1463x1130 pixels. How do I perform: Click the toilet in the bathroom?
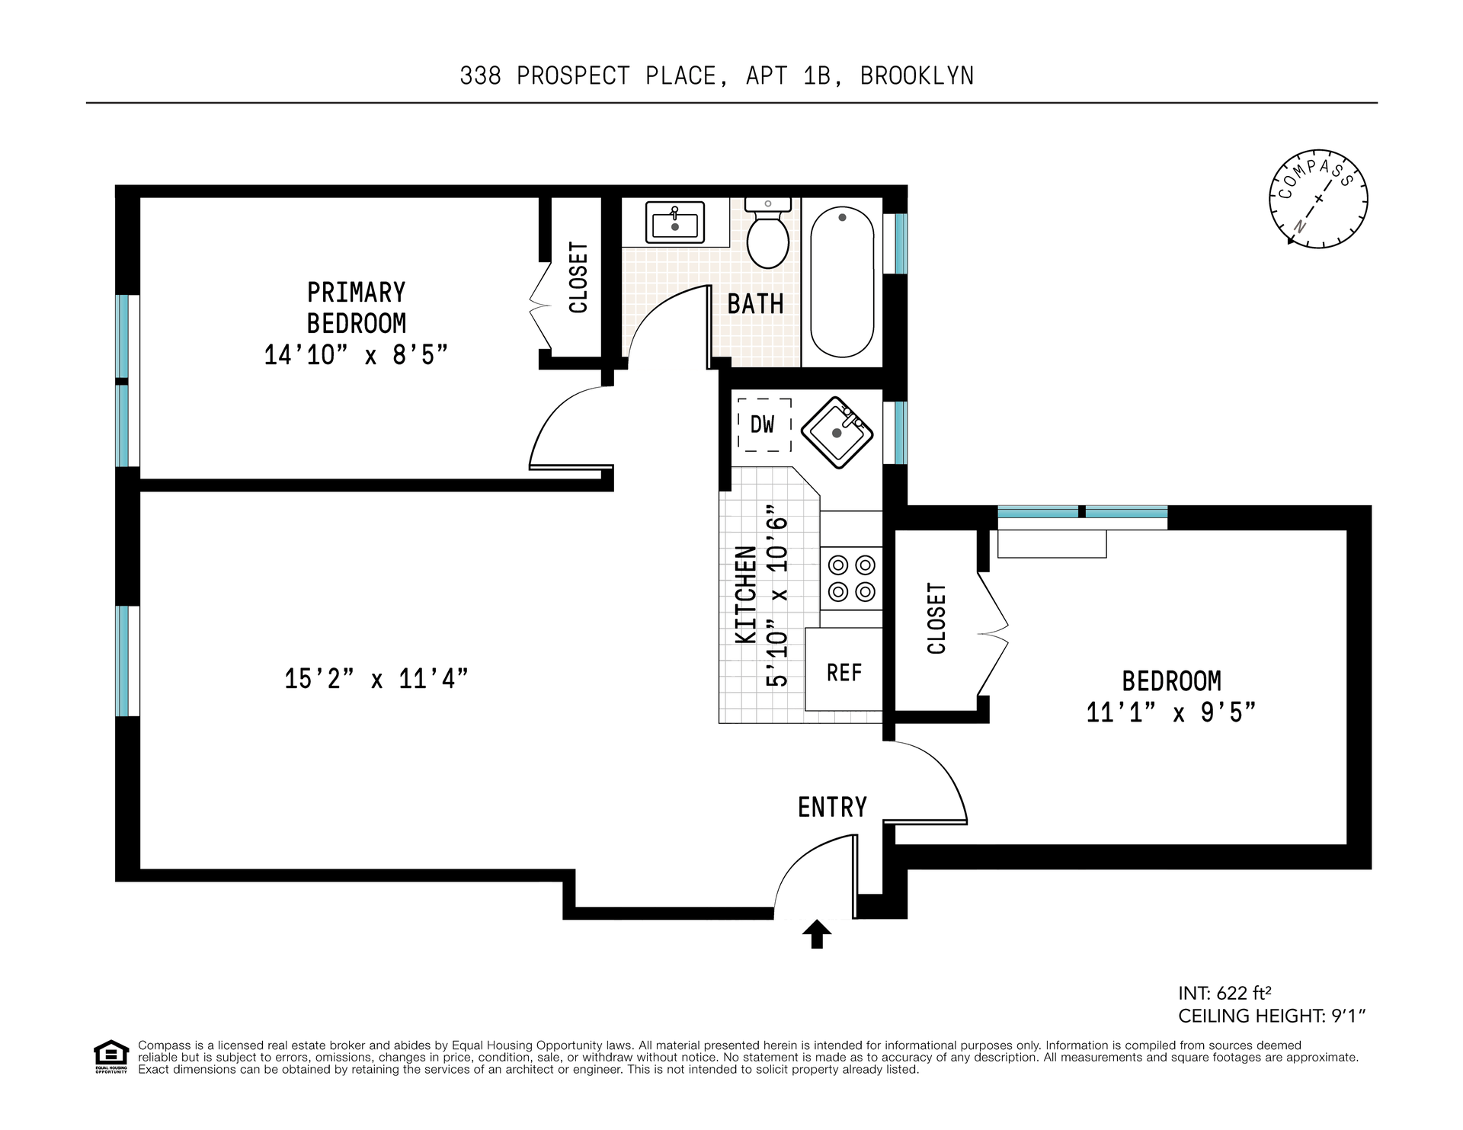767,232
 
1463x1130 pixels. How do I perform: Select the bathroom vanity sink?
675,222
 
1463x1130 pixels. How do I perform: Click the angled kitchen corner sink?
837,433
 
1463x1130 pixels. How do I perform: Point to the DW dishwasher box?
764,425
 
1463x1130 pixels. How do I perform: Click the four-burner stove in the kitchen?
851,578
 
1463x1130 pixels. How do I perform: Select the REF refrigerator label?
844,672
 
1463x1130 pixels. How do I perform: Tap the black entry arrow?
817,934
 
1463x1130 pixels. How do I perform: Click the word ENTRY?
832,807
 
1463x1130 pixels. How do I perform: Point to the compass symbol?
1318,198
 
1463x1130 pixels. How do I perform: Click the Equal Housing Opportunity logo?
111,1057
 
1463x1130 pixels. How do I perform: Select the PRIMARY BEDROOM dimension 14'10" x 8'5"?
356,355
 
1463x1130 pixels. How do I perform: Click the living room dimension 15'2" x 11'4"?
376,678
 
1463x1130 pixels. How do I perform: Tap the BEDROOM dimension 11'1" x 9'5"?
1171,712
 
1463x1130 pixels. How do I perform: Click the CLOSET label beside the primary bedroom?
579,277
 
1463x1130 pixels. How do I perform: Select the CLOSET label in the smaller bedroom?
936,618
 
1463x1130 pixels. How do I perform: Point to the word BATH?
755,304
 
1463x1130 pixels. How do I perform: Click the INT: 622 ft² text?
1225,993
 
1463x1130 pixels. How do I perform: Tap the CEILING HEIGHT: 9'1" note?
1272,1016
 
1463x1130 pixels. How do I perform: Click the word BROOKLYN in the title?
917,76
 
